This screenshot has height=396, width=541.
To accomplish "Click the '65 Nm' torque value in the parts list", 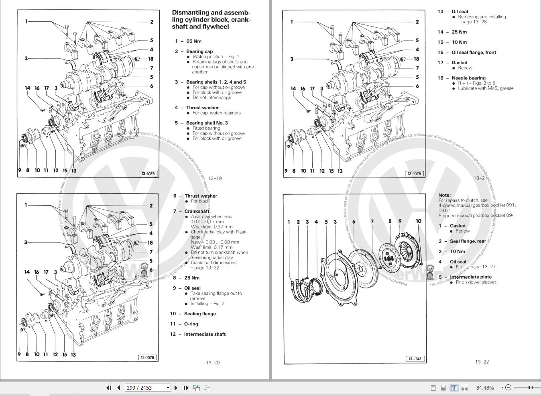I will [194, 41].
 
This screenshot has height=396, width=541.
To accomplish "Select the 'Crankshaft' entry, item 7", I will [197, 211].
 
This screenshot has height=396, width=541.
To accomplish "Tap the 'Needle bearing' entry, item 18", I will [468, 78].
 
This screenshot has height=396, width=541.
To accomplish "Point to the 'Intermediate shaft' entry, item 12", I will [205, 334].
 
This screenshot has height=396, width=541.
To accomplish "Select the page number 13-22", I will [482, 362].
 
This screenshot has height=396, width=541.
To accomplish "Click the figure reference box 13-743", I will [415, 359].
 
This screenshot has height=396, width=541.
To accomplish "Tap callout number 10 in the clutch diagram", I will [419, 221].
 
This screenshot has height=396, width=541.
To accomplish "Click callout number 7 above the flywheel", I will [372, 221].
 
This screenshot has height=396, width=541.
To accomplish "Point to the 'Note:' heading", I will [444, 195].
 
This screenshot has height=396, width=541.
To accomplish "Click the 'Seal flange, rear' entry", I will [468, 241].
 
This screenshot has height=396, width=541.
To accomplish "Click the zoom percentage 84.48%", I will [485, 388].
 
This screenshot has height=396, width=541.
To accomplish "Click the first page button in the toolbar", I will [109, 388].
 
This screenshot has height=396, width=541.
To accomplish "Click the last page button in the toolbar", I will [186, 388].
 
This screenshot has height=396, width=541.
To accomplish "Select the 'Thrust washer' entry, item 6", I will [201, 196].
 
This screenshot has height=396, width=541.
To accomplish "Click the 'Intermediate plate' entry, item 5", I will [470, 277].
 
